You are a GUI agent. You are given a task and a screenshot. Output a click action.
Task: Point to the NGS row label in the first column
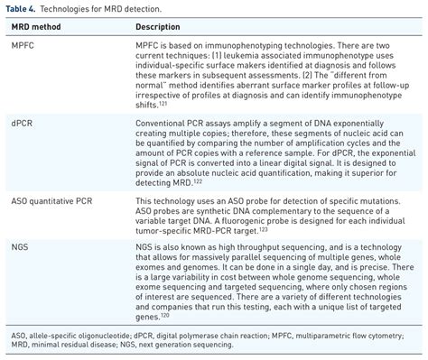pos(21,244)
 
